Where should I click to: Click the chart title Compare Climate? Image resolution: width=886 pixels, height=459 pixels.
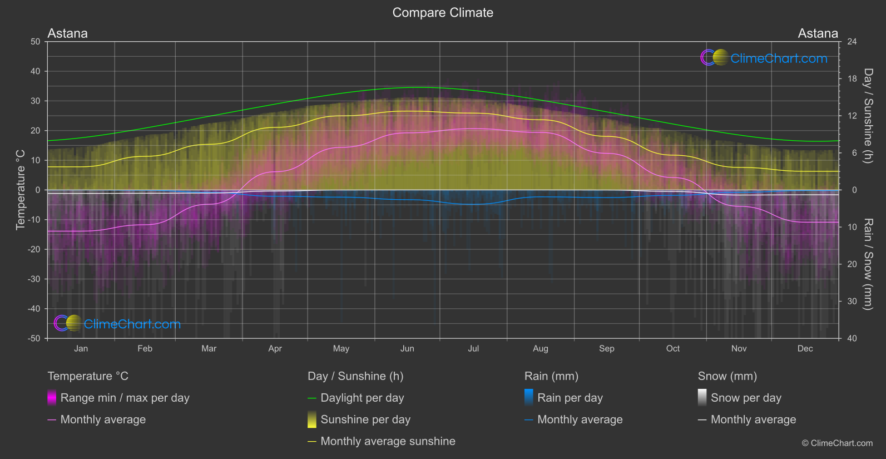click(443, 13)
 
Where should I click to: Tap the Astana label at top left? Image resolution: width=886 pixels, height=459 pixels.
click(67, 33)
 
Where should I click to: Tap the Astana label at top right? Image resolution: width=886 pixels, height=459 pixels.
click(818, 33)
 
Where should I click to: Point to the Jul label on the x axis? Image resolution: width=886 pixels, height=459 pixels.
click(473, 349)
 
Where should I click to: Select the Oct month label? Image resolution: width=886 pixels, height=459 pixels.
click(673, 349)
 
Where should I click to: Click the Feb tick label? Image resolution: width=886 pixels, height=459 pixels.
click(145, 349)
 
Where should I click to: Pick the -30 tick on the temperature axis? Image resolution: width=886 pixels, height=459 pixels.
click(34, 279)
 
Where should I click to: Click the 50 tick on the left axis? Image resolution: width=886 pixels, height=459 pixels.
click(36, 42)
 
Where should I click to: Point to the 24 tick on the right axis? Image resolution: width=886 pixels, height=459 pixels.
click(852, 42)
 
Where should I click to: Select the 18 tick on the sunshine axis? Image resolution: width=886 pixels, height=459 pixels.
click(852, 79)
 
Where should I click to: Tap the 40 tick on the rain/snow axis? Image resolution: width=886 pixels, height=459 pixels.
click(852, 338)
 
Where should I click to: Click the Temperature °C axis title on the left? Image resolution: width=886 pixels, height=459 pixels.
click(21, 190)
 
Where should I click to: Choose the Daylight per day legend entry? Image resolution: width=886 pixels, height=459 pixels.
click(362, 398)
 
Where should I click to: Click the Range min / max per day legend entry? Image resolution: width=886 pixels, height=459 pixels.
click(125, 398)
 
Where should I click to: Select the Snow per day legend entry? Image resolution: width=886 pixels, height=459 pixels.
click(746, 398)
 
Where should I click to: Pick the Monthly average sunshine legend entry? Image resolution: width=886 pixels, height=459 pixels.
click(388, 441)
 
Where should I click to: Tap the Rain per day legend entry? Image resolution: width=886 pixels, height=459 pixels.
click(570, 398)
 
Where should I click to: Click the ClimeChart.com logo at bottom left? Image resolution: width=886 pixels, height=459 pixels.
click(118, 324)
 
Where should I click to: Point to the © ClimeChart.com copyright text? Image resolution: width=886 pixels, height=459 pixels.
click(837, 443)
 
